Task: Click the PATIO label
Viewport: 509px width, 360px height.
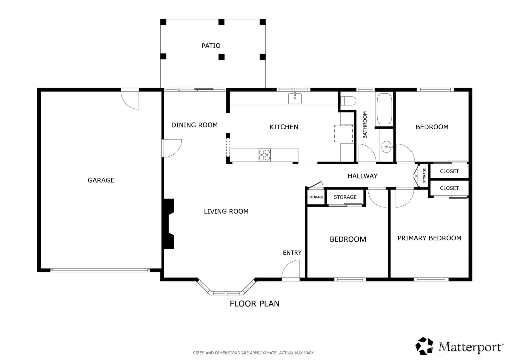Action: tap(211, 46)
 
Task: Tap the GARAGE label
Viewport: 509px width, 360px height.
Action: tap(101, 180)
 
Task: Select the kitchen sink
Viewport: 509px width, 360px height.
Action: tap(295, 98)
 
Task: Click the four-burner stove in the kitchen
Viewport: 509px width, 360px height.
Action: tap(264, 155)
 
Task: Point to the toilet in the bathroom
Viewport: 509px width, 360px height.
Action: tap(348, 101)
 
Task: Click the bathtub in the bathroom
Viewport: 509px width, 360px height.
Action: tap(384, 109)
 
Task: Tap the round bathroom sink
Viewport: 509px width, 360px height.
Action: tap(386, 147)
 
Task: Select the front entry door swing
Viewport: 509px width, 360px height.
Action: tap(291, 270)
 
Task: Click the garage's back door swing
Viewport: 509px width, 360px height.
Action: tap(130, 100)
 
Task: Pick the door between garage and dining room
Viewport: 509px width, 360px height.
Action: tap(172, 148)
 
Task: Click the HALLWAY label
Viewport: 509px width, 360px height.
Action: tap(363, 176)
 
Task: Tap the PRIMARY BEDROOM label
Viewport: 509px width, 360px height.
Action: tap(430, 238)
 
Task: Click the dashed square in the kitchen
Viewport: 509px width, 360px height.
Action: tap(343, 134)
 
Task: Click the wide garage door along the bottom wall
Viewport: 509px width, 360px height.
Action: tap(100, 270)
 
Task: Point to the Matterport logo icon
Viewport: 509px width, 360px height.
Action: tap(424, 346)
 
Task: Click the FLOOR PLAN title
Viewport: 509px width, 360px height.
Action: tap(255, 304)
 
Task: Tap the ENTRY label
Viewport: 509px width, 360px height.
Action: tap(292, 253)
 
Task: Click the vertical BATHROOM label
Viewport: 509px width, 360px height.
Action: tap(365, 125)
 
